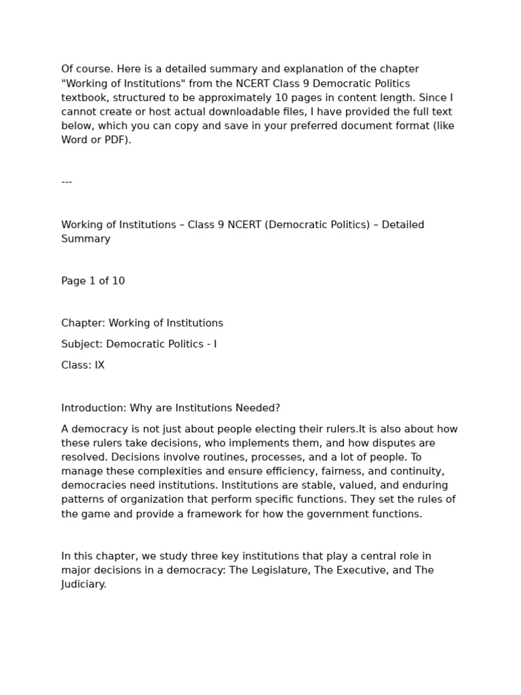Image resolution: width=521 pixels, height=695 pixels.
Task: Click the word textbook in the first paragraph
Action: (x=83, y=97)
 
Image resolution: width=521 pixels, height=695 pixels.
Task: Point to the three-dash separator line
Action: (x=66, y=182)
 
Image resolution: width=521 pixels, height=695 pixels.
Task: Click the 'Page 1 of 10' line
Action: (x=93, y=281)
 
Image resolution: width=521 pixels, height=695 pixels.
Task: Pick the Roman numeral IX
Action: (x=99, y=365)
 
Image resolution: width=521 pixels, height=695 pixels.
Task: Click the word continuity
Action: (x=410, y=472)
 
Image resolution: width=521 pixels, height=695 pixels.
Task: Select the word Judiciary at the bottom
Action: (x=83, y=584)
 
